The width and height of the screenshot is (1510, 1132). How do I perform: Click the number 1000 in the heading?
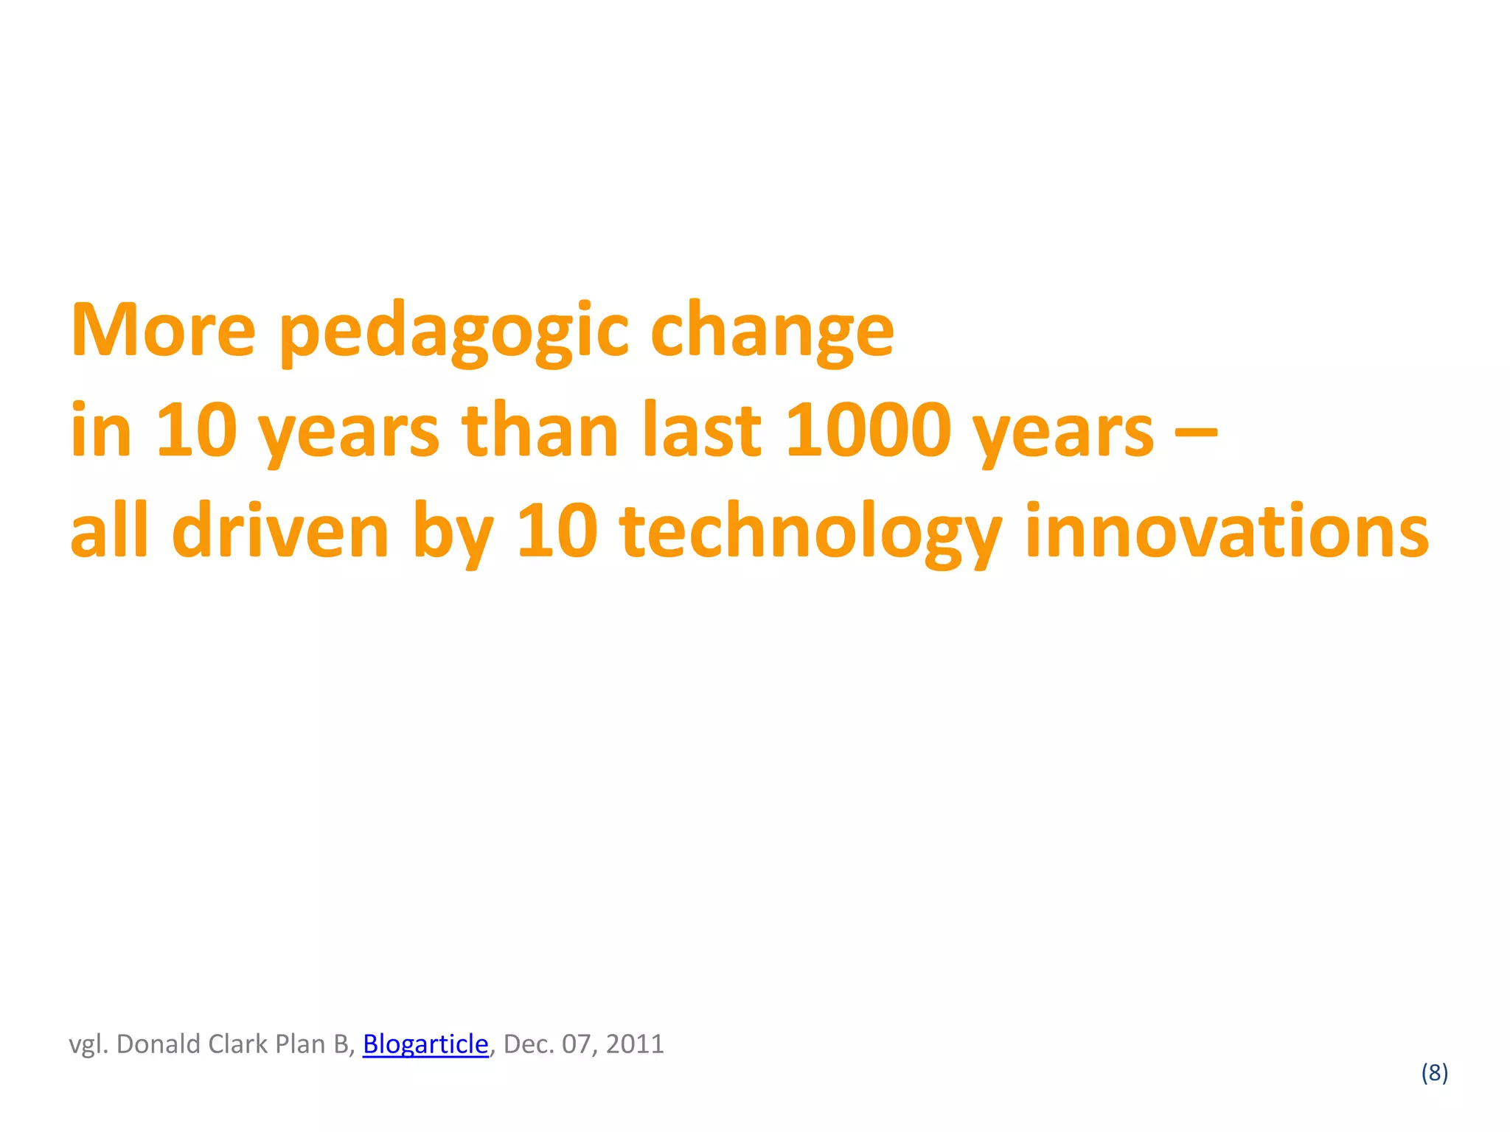(868, 430)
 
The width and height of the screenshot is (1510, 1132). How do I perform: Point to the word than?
(540, 430)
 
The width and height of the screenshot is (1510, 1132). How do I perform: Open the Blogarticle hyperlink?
(425, 1044)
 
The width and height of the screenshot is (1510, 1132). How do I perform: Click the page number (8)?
(1434, 1072)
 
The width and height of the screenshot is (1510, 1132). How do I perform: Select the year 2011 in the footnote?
(635, 1044)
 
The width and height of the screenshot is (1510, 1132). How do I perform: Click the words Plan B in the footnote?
(315, 1044)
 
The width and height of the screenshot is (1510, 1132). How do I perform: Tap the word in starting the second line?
(100, 430)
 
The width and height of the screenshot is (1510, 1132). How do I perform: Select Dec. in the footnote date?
(529, 1044)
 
